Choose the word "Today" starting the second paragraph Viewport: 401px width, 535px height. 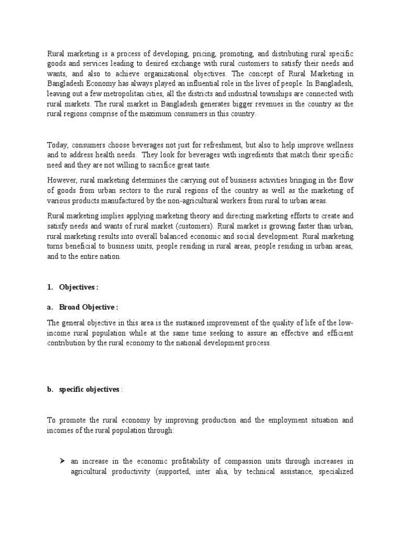(x=57, y=145)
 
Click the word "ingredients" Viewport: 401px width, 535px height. (x=202, y=155)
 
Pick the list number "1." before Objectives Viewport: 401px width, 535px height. (x=51, y=287)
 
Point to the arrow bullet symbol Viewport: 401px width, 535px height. (x=62, y=460)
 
